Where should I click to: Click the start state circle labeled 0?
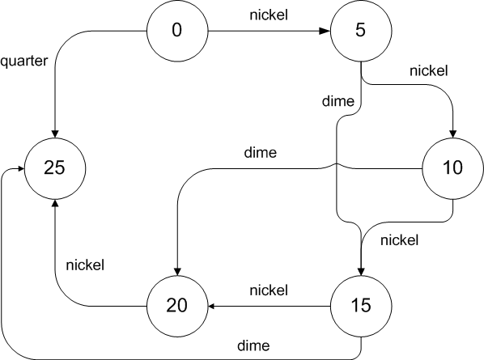click(x=177, y=32)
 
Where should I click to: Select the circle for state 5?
click(x=361, y=32)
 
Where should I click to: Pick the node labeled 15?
click(x=361, y=307)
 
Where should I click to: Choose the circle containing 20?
click(x=177, y=307)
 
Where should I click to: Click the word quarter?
click(x=24, y=60)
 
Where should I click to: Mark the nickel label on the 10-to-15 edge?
click(x=399, y=239)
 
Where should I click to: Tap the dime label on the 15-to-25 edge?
click(x=253, y=345)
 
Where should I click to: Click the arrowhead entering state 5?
click(x=325, y=32)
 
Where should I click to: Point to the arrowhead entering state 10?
click(x=452, y=135)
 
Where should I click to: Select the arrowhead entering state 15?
click(x=361, y=271)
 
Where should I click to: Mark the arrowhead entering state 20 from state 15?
click(x=212, y=307)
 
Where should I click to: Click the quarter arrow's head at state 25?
click(x=53, y=135)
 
